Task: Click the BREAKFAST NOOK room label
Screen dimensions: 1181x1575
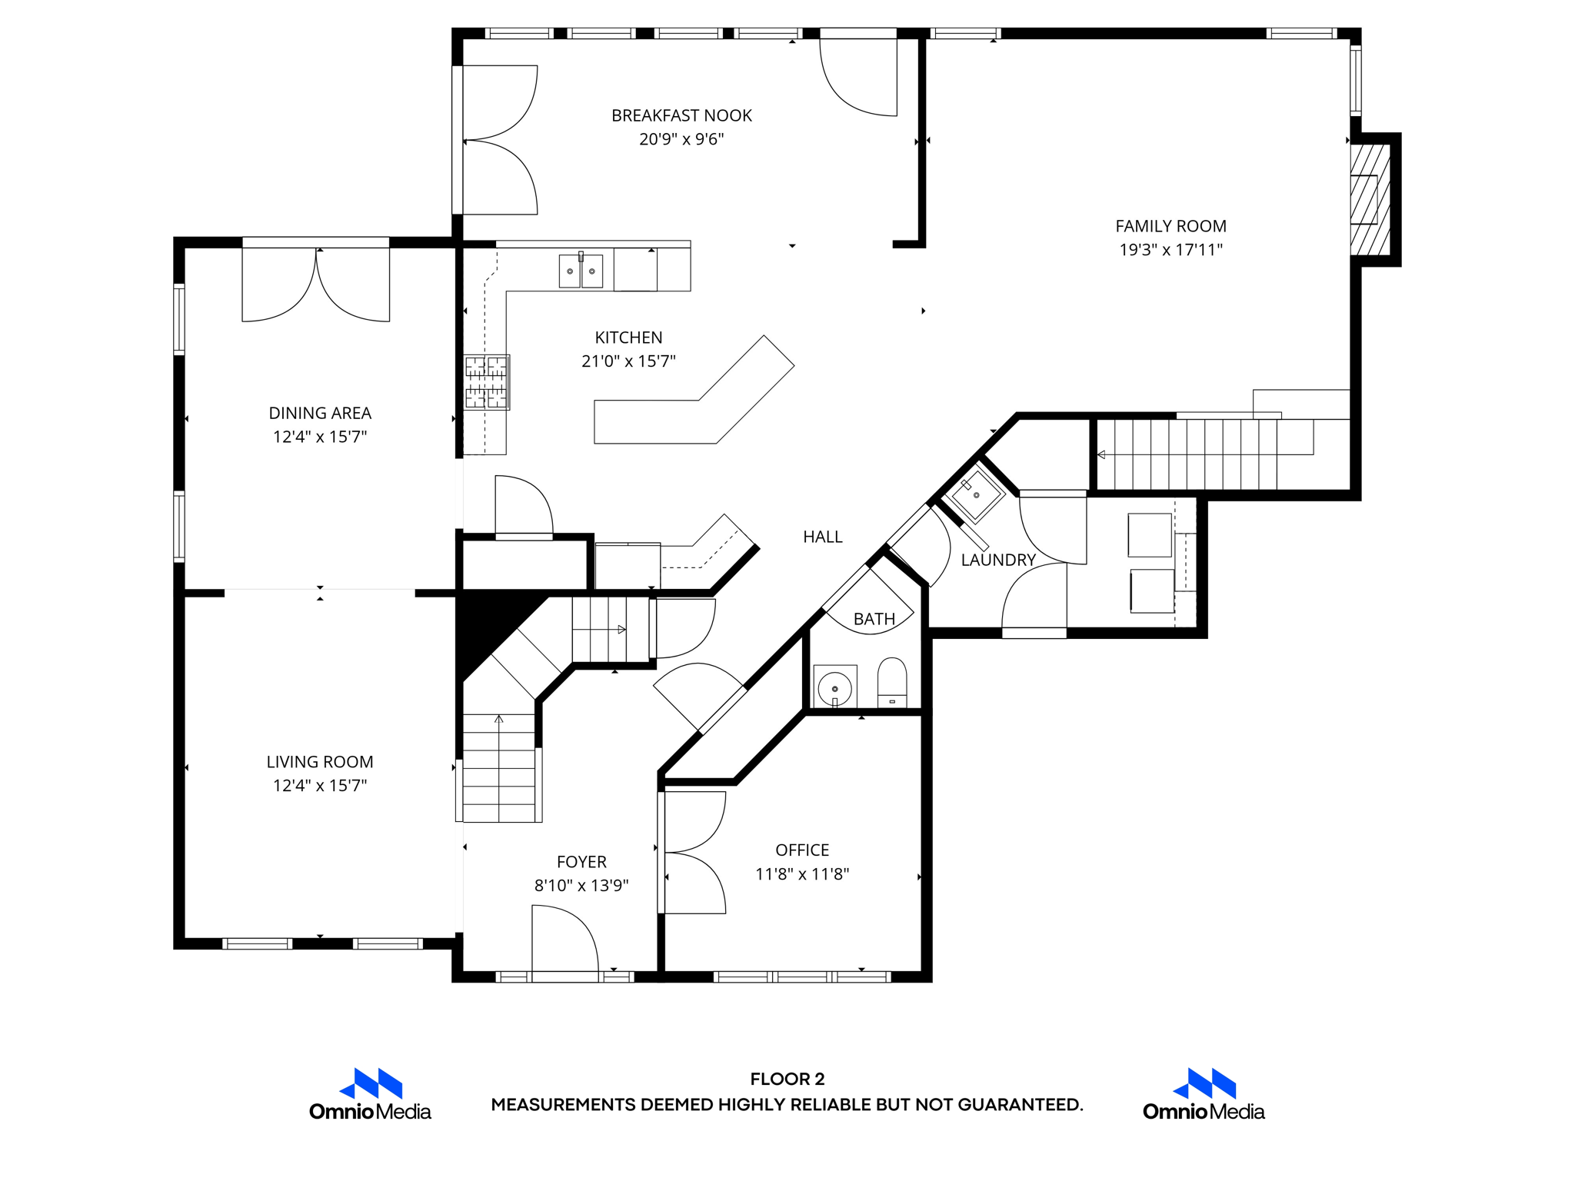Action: [x=681, y=115]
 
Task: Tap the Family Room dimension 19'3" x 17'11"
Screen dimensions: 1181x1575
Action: [x=1170, y=250]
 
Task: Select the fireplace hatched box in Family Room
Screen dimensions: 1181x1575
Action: [x=1370, y=199]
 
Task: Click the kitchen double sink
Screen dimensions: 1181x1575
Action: [x=581, y=271]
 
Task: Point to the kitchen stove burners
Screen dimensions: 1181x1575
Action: [x=486, y=382]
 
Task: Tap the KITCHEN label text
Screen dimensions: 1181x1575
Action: [x=628, y=338]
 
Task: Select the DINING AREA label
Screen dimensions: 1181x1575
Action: [x=320, y=413]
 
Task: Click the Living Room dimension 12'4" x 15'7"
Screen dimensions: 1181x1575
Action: [x=320, y=785]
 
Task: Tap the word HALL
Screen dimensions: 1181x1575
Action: [x=822, y=537]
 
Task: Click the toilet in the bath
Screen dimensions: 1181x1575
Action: [x=892, y=682]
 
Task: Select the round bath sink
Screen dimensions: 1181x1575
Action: [x=834, y=687]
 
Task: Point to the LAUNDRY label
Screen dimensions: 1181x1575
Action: [x=998, y=560]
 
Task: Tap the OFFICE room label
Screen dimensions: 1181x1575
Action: [x=802, y=850]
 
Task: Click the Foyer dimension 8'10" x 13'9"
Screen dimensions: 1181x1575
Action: [x=581, y=885]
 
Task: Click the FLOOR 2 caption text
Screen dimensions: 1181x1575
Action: [x=787, y=1079]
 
